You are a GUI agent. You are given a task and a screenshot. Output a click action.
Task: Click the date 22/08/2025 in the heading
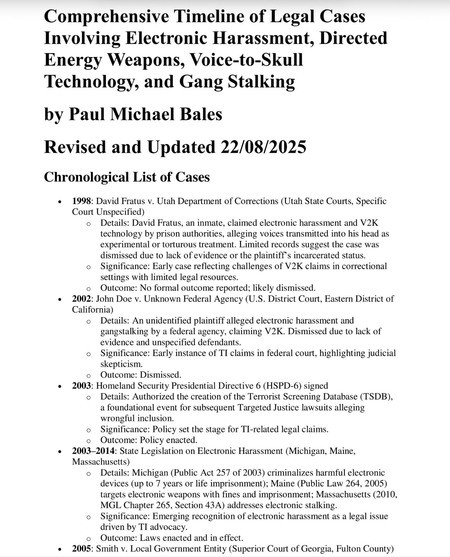tap(263, 147)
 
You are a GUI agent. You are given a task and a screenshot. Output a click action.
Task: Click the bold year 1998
tap(82, 201)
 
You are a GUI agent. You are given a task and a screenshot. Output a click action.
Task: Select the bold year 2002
tap(82, 299)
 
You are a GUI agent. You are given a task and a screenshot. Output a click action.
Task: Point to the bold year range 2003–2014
tap(93, 451)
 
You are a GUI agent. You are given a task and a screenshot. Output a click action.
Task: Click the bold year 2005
tap(82, 549)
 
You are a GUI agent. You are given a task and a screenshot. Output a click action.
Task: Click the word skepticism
tap(121, 364)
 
